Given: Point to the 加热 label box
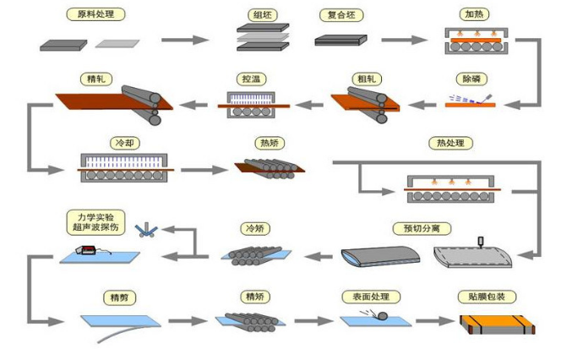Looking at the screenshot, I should (x=471, y=14).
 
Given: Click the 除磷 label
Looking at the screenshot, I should (x=471, y=79).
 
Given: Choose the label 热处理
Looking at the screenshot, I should (x=446, y=143).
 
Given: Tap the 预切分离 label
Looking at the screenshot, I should (x=420, y=228).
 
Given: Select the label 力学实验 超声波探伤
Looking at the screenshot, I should (x=95, y=223).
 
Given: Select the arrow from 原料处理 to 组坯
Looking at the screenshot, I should (x=185, y=40).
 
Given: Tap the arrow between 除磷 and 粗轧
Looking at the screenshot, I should (x=419, y=105).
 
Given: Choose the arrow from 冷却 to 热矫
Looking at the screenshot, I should (x=203, y=169).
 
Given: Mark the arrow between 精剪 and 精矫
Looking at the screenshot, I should (x=188, y=321).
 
